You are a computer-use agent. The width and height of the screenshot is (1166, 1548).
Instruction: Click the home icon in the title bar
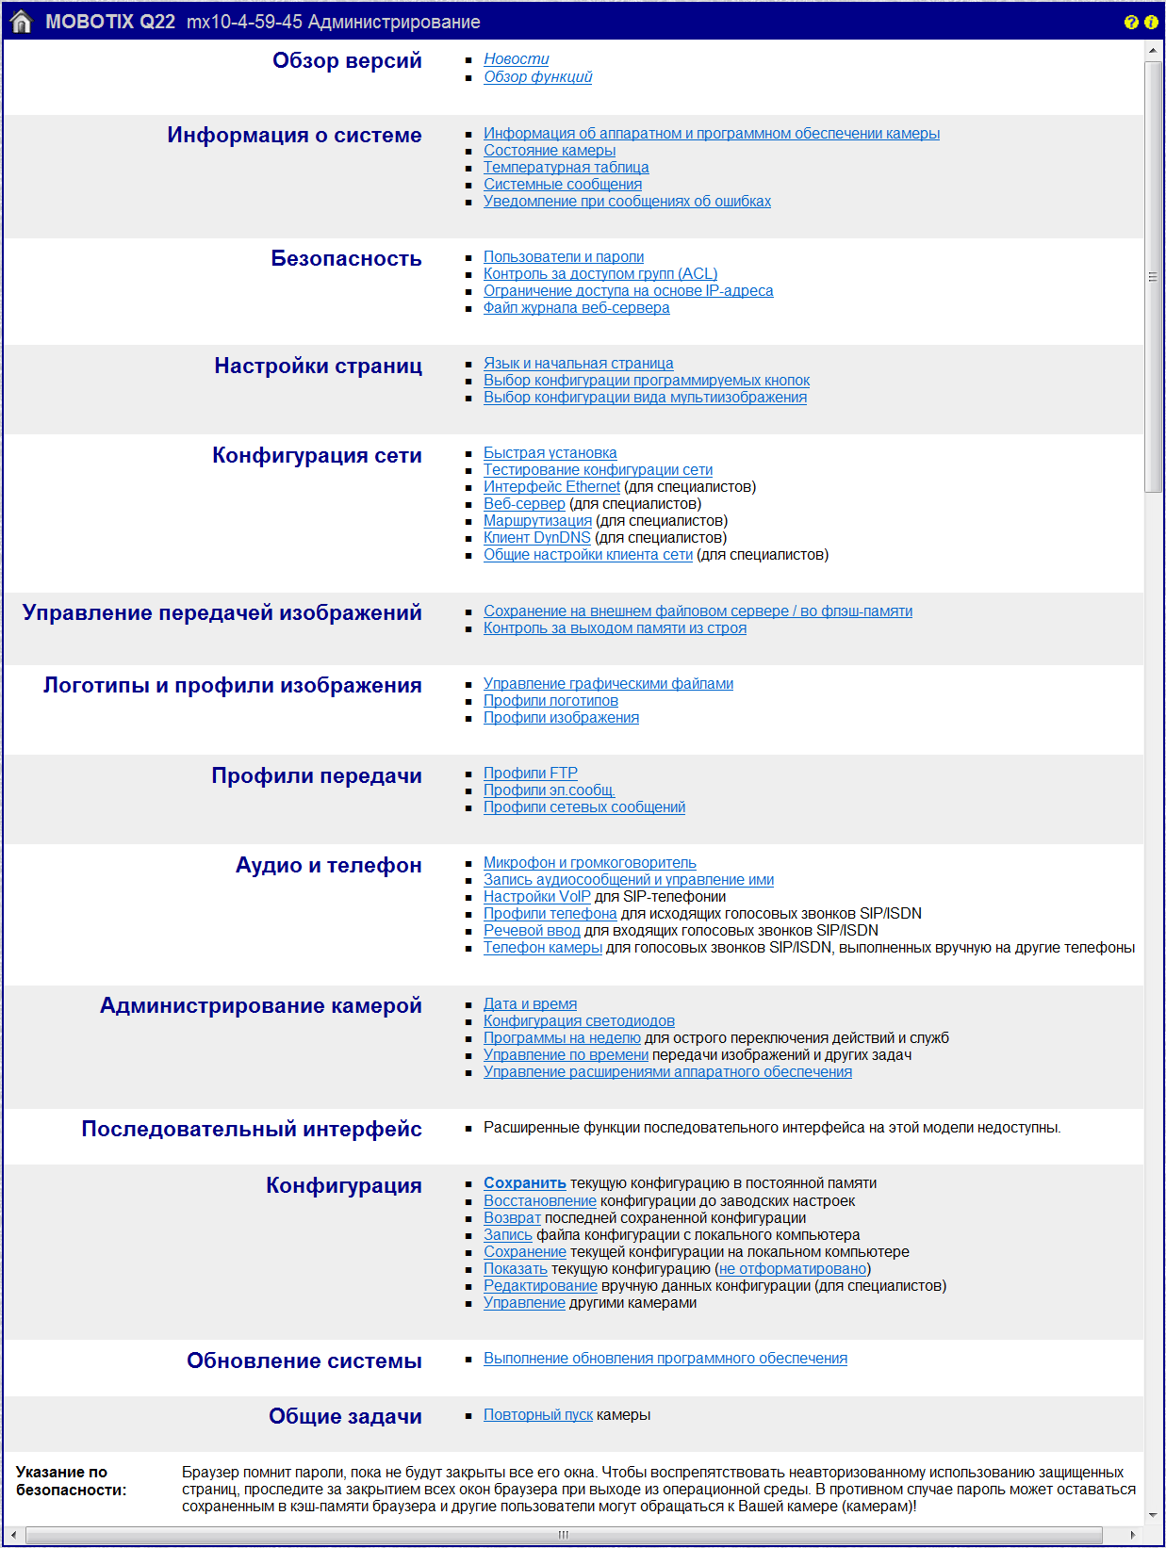21,22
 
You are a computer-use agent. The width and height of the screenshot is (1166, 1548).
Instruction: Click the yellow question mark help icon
1131,22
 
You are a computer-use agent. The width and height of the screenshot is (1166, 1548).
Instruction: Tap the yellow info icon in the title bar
1151,22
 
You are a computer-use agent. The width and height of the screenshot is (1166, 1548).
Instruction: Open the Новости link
516,59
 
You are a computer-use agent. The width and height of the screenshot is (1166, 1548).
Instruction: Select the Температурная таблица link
566,168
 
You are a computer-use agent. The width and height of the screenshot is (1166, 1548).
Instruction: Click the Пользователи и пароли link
564,257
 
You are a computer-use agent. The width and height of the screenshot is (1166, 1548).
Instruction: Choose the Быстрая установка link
550,453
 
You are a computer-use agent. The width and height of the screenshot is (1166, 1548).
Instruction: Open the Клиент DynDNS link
536,538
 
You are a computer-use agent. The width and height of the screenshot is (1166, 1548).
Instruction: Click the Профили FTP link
530,774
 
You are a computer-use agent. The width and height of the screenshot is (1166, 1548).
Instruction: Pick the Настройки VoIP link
536,897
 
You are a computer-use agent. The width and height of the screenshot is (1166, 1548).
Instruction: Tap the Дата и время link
530,1004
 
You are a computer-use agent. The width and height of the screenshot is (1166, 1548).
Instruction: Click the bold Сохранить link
524,1183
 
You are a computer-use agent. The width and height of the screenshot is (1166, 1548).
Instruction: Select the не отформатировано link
793,1269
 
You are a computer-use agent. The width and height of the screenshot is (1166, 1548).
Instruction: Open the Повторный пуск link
537,1415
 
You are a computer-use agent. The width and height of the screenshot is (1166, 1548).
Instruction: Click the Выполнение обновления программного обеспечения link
665,1359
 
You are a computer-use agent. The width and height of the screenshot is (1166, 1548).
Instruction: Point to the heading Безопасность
346,259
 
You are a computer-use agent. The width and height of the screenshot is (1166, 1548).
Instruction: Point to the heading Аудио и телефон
328,866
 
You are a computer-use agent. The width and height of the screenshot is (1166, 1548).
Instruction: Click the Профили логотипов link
550,701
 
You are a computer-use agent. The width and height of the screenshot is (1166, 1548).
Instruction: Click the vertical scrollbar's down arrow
1153,1515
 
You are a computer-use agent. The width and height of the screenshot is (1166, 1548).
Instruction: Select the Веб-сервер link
524,504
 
